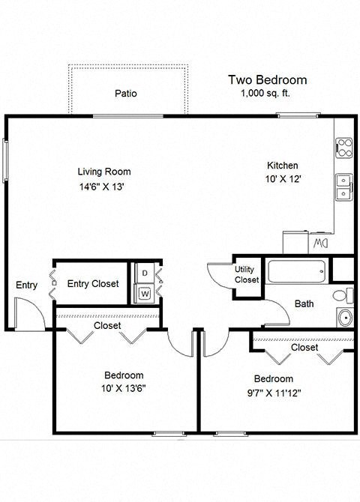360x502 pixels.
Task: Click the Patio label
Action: (x=125, y=94)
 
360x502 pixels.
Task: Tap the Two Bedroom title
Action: (x=267, y=80)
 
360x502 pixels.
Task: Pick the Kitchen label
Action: (x=283, y=166)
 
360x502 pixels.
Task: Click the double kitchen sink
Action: (x=344, y=186)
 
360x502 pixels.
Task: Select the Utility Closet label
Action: (x=247, y=274)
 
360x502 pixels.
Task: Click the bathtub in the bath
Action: (x=298, y=271)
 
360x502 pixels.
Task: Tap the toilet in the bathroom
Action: (x=343, y=293)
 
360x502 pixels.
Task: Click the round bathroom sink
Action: (x=345, y=317)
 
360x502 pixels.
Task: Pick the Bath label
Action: (x=304, y=303)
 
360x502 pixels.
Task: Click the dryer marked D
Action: (x=144, y=274)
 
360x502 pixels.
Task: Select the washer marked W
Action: (x=144, y=293)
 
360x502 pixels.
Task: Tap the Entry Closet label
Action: (x=93, y=283)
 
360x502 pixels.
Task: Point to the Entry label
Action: (x=26, y=285)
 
